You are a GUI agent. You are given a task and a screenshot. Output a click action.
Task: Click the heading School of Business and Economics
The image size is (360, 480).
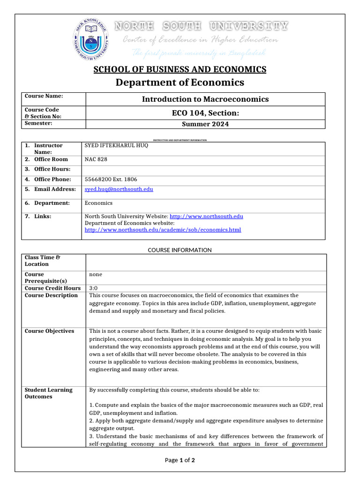180,69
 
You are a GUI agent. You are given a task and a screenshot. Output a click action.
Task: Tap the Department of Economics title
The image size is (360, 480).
180,82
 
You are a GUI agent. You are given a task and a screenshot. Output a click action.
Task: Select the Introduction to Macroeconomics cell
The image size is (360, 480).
205,99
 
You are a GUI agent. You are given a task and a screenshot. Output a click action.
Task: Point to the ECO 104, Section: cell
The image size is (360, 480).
205,113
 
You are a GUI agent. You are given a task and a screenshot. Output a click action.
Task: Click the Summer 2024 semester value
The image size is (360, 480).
205,124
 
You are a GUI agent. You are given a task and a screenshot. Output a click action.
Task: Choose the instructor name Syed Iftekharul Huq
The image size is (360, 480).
116,145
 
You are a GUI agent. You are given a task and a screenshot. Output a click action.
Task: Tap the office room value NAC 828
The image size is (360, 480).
96,159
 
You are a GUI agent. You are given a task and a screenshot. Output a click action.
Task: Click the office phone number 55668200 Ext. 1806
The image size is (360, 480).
111,179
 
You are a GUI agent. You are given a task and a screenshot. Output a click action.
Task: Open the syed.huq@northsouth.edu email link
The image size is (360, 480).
119,189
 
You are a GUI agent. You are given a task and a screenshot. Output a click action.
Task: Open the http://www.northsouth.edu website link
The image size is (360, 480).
206,216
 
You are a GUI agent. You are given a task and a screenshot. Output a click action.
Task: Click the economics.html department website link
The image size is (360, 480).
163,230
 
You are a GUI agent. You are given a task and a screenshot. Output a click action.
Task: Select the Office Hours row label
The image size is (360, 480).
52,169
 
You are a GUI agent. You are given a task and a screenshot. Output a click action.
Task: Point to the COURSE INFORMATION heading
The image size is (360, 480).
180,250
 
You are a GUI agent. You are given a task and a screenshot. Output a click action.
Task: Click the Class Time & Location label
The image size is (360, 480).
43,261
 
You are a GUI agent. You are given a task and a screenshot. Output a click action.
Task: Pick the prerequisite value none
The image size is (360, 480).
96,274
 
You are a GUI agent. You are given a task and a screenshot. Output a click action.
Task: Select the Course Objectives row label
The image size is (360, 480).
49,331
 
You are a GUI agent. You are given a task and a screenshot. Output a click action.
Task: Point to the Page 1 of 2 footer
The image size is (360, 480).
180,460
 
